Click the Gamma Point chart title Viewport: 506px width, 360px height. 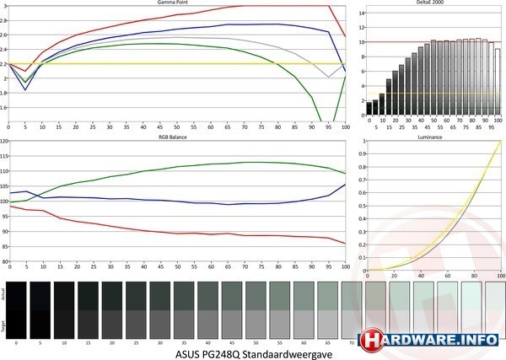click(174, 3)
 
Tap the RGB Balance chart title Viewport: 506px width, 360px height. click(174, 135)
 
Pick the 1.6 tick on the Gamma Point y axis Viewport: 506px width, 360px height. click(4, 108)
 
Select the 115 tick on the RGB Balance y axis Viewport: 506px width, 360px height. click(3, 156)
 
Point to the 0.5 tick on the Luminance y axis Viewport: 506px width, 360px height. click(362, 206)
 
